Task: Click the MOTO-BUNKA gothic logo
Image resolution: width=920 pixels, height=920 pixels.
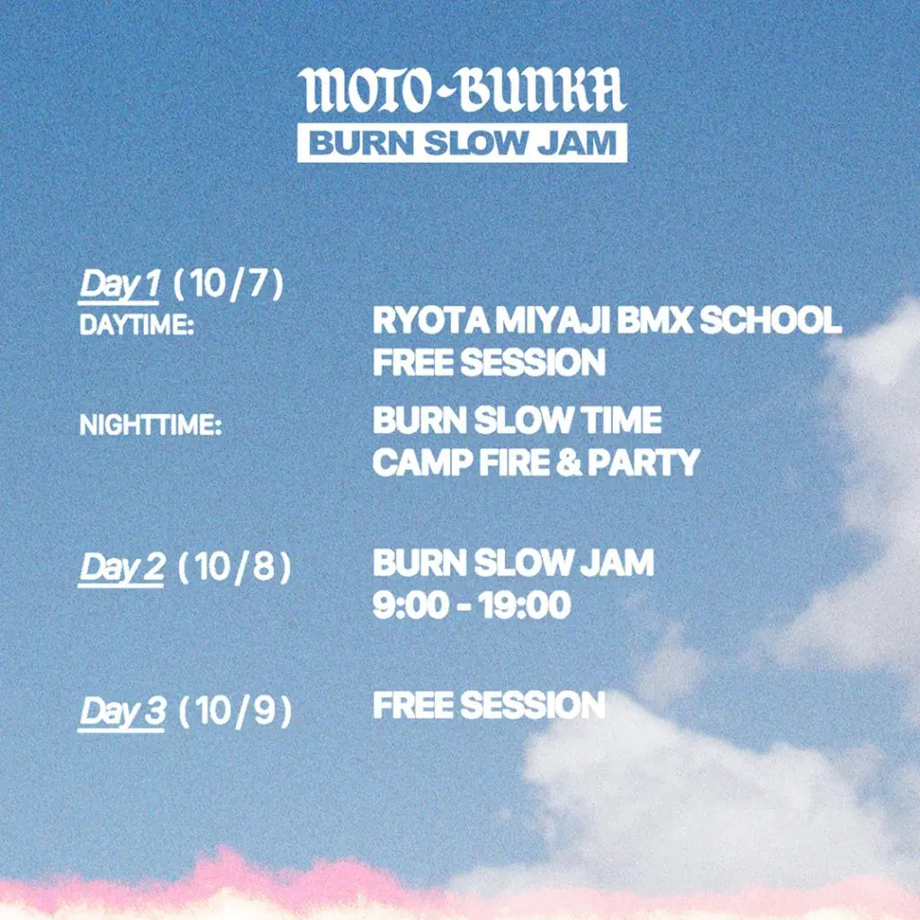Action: (462, 90)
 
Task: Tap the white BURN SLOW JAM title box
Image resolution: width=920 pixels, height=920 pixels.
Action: (462, 143)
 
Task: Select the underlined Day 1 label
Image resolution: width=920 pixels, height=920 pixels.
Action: (119, 285)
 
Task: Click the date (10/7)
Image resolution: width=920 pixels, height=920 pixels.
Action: (228, 284)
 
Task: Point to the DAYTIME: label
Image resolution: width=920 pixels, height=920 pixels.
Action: (137, 325)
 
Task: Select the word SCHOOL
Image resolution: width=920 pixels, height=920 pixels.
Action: (771, 321)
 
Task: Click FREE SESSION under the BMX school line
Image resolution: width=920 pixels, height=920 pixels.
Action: (489, 361)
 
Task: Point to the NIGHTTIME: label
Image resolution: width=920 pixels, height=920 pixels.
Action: (151, 425)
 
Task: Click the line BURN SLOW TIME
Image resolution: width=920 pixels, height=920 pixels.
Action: (517, 420)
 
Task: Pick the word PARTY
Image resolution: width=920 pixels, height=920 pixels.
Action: (643, 462)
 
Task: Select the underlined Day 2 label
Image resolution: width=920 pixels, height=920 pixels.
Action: (121, 569)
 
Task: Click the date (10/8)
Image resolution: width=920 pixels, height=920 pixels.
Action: (234, 568)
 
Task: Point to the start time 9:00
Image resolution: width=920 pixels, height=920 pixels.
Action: (411, 605)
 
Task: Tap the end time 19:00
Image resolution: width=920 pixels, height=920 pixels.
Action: (524, 605)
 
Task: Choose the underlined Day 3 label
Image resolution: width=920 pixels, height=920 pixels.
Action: (122, 712)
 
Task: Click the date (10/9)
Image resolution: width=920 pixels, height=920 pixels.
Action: (234, 712)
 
